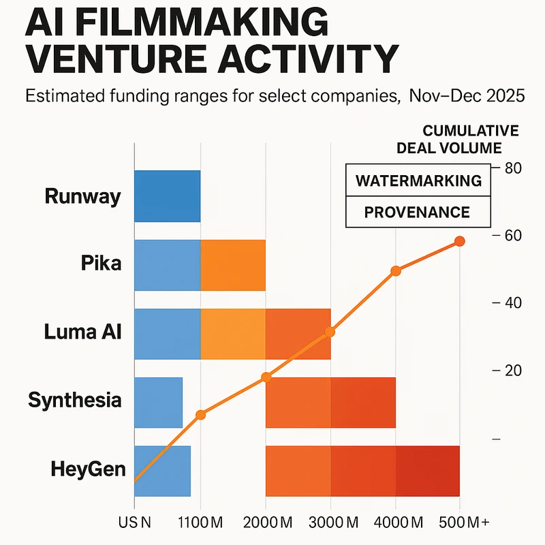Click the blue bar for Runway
tap(167, 196)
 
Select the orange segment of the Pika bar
tap(233, 265)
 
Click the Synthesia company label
tap(75, 400)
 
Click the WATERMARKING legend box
tap(418, 181)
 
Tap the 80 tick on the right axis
tap(512, 168)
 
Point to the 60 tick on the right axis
tap(512, 236)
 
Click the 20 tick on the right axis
tap(512, 371)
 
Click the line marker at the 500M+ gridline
tap(460, 241)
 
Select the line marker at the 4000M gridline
tap(395, 271)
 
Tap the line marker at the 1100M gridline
tap(200, 415)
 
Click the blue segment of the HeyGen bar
tap(163, 471)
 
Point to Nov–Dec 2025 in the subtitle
tap(467, 96)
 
